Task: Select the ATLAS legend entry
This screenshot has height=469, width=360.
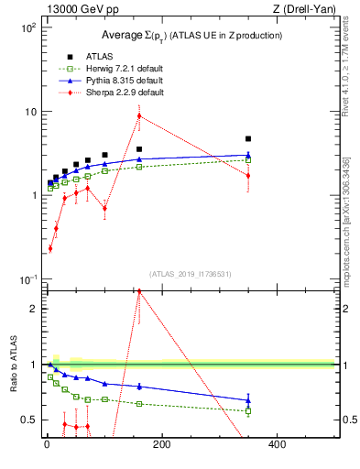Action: click(100, 57)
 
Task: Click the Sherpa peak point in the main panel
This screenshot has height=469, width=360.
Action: click(139, 115)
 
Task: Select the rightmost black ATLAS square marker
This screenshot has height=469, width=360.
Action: click(248, 139)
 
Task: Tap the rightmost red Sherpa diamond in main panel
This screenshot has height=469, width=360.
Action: click(248, 175)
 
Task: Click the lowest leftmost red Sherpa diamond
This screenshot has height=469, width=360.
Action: click(50, 248)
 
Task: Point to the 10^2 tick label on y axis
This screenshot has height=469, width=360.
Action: click(27, 28)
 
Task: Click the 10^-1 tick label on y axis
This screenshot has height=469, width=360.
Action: click(27, 278)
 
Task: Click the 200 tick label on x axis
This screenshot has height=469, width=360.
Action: click(162, 445)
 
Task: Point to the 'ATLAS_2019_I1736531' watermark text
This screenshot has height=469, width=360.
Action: click(190, 273)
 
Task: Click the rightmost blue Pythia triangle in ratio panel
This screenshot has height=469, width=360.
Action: click(248, 400)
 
